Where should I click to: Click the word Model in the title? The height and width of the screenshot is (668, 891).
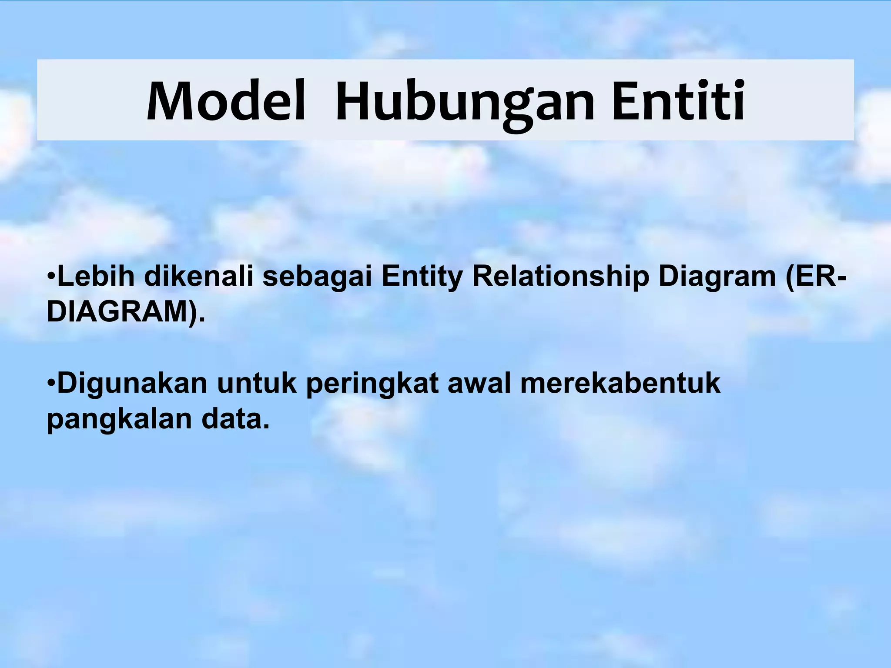226,101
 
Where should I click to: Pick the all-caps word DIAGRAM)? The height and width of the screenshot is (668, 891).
125,312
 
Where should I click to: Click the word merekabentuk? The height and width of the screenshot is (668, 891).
620,384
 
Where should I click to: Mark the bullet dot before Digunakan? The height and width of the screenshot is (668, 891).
51,383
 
